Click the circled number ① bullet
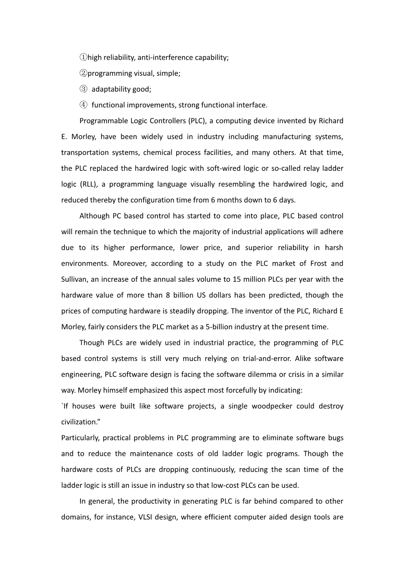pyautogui.click(x=83, y=57)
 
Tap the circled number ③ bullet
pyautogui.click(x=83, y=89)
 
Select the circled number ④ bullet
pyautogui.click(x=83, y=105)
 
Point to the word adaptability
pyautogui.click(x=111, y=89)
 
